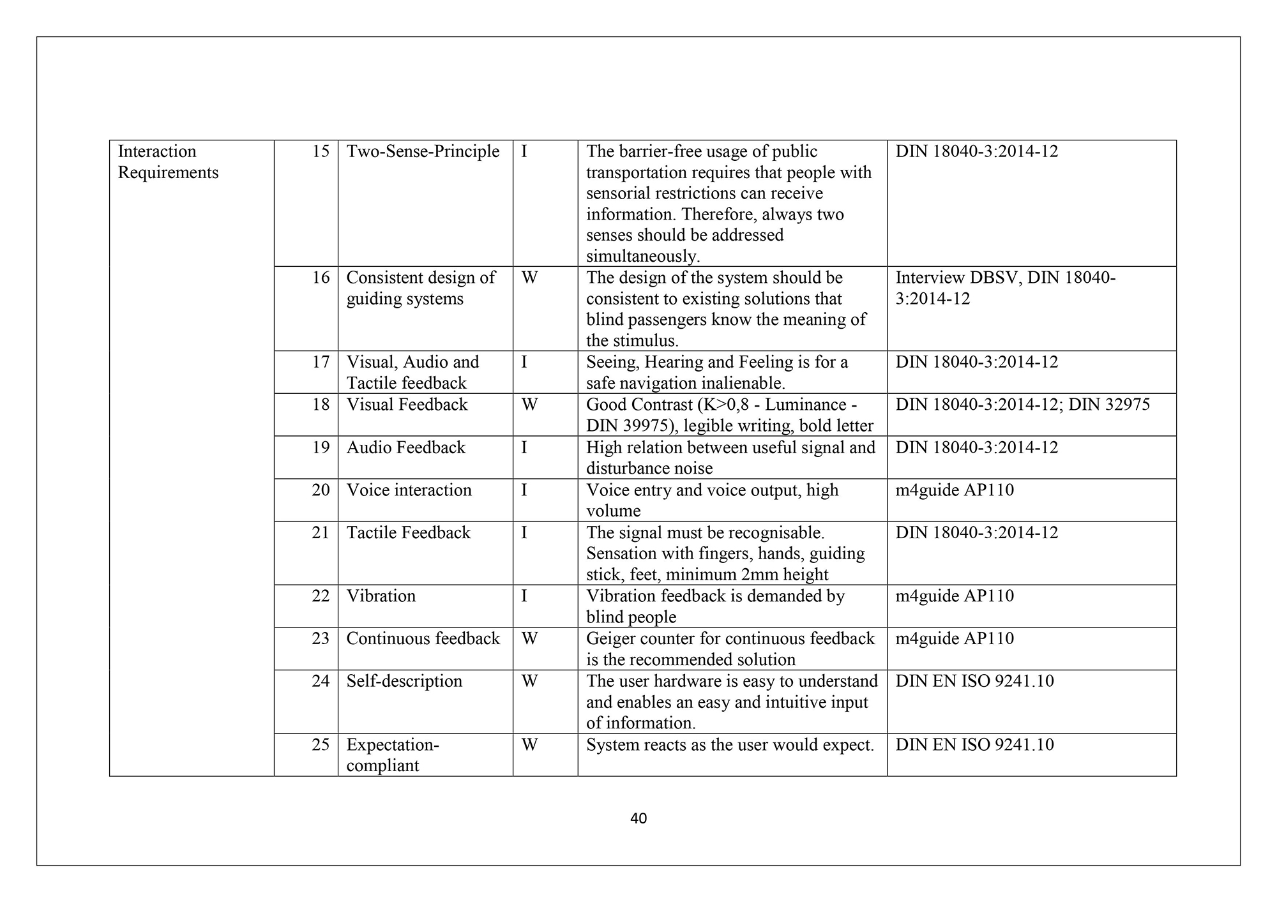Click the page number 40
[x=638, y=818]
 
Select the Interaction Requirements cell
[x=168, y=162]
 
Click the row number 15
[x=321, y=151]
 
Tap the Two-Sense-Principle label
[x=423, y=151]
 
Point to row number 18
[x=321, y=405]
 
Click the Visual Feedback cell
[x=407, y=405]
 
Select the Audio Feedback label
[x=405, y=447]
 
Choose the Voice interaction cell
[x=409, y=490]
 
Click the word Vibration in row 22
[x=381, y=596]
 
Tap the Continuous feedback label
[x=423, y=639]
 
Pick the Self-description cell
[x=404, y=681]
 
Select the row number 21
[x=321, y=532]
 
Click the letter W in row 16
[x=529, y=278]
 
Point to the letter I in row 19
[x=524, y=447]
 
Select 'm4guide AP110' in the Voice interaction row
[x=955, y=490]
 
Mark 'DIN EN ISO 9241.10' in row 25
[x=974, y=745]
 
